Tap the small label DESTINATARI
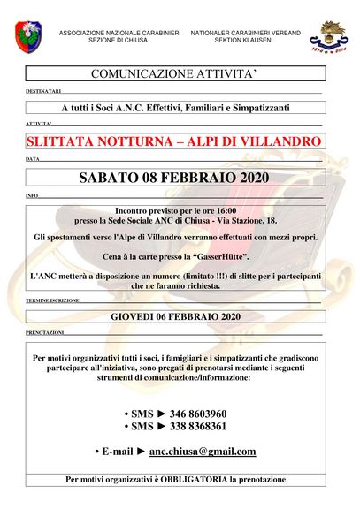tap(44, 91)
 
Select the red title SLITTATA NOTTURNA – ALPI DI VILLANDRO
tap(174, 141)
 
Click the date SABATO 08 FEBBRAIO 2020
tap(174, 177)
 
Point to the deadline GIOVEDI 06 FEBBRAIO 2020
tap(175, 315)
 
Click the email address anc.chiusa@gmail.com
tap(203, 451)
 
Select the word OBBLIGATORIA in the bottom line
tap(212, 479)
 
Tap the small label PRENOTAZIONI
tap(45, 332)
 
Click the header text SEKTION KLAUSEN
tap(245, 41)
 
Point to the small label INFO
tap(33, 194)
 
